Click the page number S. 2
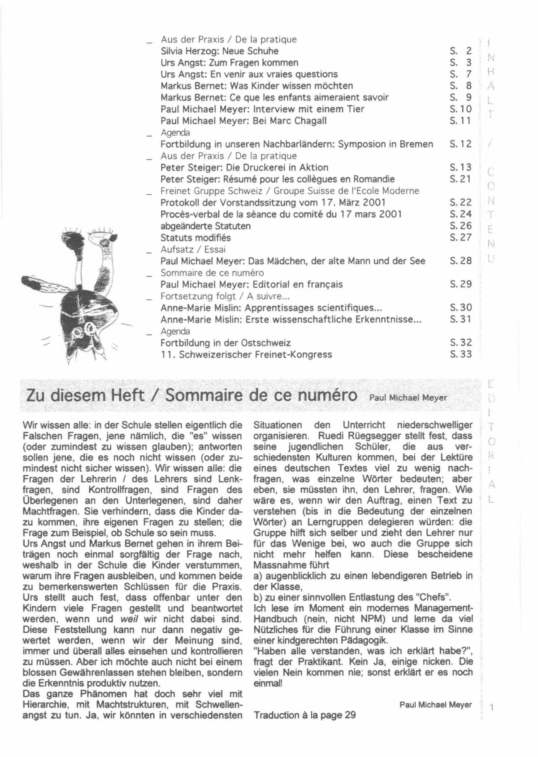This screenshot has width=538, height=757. pos(461,51)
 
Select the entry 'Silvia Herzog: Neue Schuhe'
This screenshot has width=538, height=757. pos(219,51)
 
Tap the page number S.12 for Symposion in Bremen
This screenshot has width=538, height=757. pos(460,144)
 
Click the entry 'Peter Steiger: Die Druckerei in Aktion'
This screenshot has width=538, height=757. pos(244,167)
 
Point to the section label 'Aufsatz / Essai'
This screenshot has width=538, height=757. pos(193,249)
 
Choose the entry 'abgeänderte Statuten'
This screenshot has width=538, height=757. pos(205,226)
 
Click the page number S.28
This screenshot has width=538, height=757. pos(460,261)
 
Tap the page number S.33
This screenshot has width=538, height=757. pos(460,354)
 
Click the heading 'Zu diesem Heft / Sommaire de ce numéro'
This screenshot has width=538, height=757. pos(192,396)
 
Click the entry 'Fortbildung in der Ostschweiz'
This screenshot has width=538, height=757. pos(226,343)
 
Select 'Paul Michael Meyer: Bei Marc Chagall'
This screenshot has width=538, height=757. pos(243,121)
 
